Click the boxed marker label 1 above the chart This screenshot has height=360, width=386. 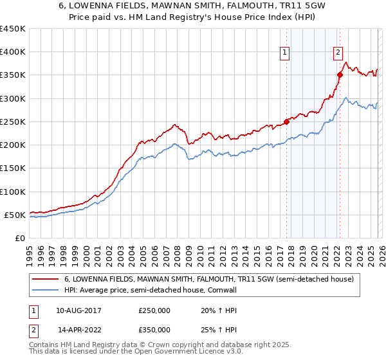click(x=284, y=53)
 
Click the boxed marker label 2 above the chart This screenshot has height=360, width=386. click(x=338, y=53)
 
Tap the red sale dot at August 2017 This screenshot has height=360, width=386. click(x=286, y=122)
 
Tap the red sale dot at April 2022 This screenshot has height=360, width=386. click(x=340, y=75)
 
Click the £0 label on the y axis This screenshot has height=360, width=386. click(x=19, y=238)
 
